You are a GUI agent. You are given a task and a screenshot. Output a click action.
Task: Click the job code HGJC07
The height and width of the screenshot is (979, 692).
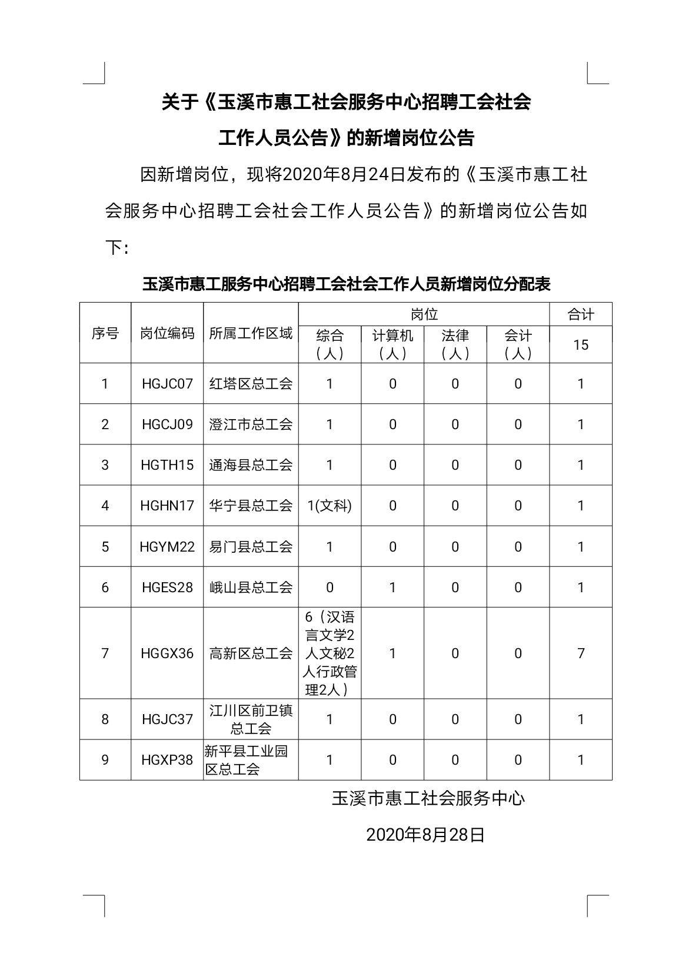click(167, 384)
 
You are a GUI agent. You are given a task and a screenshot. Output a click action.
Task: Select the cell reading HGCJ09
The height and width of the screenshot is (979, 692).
click(167, 424)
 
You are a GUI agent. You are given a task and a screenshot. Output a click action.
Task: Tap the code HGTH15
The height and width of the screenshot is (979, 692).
click(167, 465)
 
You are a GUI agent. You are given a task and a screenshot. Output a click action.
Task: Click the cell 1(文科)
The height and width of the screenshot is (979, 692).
click(330, 506)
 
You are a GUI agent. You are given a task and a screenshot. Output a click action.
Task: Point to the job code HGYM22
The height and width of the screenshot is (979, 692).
click(167, 547)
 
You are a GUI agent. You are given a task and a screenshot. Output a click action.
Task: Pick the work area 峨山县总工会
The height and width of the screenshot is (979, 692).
click(251, 588)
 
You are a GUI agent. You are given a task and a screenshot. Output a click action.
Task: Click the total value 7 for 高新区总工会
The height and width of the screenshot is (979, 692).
click(581, 653)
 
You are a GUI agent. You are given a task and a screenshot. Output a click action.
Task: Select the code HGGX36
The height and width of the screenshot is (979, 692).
click(167, 653)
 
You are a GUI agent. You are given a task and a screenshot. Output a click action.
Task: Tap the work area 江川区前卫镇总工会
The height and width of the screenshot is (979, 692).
click(251, 719)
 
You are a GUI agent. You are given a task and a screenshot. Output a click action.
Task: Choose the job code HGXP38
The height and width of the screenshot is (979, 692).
click(167, 760)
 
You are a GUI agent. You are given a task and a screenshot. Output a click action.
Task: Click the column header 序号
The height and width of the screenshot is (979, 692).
click(105, 334)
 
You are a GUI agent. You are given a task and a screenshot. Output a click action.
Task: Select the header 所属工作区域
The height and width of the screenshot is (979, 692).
click(251, 334)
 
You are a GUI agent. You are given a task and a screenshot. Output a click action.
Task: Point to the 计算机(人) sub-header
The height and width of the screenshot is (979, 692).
click(392, 344)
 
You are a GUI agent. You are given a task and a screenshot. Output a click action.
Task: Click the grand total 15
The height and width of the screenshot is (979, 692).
click(581, 344)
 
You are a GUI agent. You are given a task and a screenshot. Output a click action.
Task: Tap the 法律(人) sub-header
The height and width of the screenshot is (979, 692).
click(455, 344)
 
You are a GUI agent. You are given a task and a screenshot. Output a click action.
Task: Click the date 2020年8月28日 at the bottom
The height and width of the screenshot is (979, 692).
click(425, 835)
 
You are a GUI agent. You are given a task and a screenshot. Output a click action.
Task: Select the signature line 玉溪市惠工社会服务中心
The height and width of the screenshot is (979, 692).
click(428, 798)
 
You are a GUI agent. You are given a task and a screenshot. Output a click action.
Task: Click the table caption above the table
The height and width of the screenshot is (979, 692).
click(346, 284)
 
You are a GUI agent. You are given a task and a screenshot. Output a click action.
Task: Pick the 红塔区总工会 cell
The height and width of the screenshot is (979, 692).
click(251, 384)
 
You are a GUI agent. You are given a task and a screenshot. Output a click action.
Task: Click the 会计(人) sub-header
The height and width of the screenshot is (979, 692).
click(518, 344)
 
